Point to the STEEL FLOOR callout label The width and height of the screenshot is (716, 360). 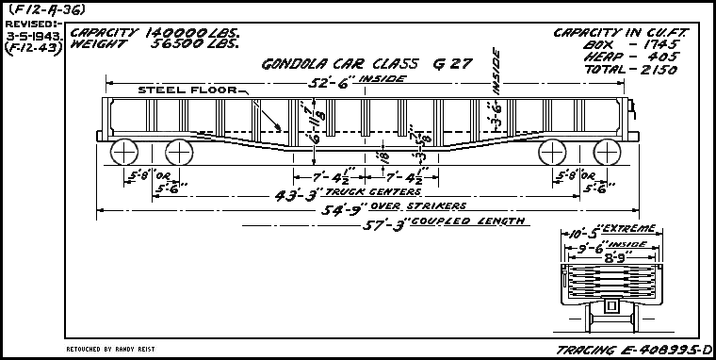(x=187, y=90)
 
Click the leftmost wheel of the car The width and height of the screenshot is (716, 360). (x=123, y=153)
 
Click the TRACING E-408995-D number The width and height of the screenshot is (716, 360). (x=632, y=350)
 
